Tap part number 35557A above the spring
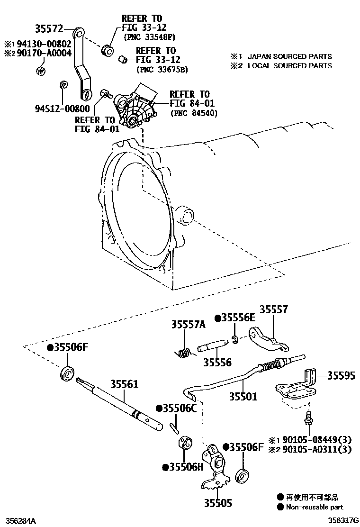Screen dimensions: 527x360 coord(188,325)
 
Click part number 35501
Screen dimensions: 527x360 coord(243,396)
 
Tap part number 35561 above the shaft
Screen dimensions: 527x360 coord(125,384)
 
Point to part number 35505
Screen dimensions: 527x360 coord(218,503)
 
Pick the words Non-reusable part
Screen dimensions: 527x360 coord(314,507)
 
